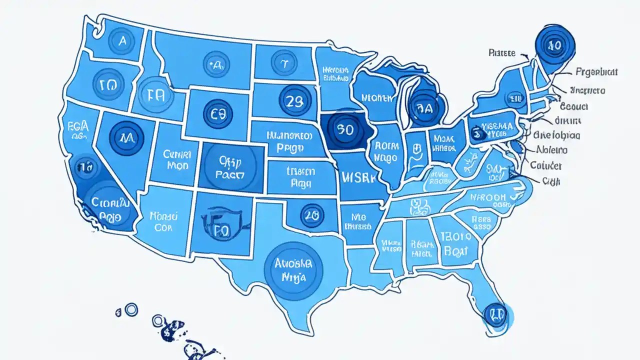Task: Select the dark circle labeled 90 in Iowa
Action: tap(345, 129)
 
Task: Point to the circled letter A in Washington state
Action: tap(121, 42)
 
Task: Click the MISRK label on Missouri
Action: tap(359, 178)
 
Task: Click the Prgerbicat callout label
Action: tap(596, 72)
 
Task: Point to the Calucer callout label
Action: tap(545, 165)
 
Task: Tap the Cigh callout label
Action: tap(551, 180)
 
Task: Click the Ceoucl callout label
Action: tap(573, 106)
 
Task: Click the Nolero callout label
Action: tap(551, 149)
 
